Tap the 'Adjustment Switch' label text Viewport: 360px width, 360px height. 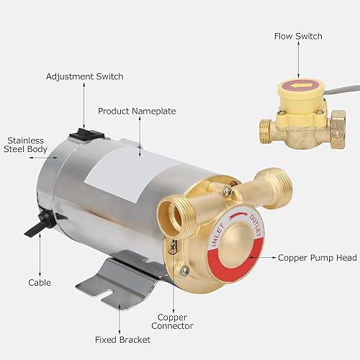click(x=84, y=76)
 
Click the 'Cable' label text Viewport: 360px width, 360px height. click(x=39, y=283)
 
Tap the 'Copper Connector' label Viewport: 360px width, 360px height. click(x=173, y=320)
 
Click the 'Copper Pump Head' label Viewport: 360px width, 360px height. click(x=307, y=256)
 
